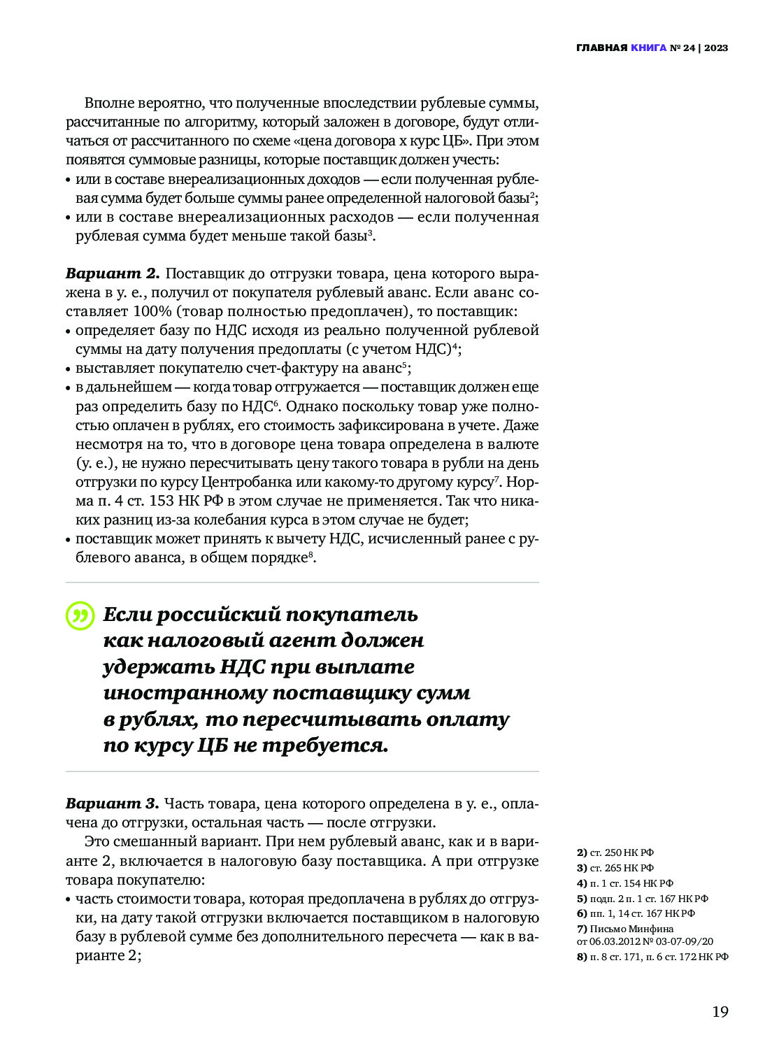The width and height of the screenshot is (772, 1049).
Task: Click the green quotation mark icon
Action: pos(80,616)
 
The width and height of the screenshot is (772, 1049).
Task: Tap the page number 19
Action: pos(720,1012)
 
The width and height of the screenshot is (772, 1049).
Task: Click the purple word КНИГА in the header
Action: pos(648,48)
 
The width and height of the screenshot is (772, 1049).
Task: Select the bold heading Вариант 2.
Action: pos(113,273)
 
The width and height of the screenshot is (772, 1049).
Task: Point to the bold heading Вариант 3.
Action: pos(113,804)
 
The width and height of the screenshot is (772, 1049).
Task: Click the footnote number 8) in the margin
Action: pos(582,957)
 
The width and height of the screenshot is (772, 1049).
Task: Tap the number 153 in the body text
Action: pos(162,501)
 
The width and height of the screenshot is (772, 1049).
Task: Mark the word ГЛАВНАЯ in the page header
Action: pos(601,48)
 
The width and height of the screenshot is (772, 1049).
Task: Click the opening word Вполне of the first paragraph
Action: pos(108,104)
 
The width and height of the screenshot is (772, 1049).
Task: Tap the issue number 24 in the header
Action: pos(689,48)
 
